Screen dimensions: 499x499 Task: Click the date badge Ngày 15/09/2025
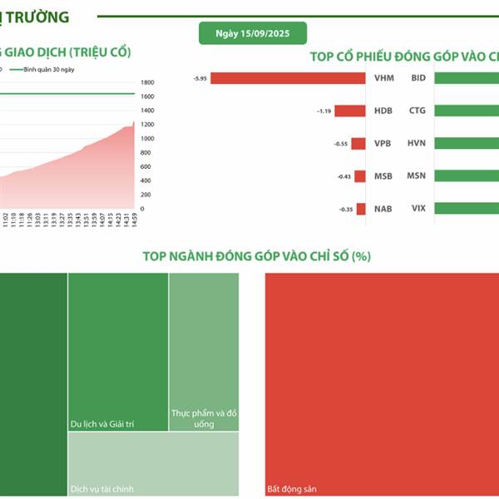tap(252, 33)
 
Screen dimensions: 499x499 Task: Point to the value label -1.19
tap(323, 111)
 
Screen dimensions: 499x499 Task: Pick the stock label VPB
tap(383, 143)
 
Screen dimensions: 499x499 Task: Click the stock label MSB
tap(383, 175)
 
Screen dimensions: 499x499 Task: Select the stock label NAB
tap(383, 208)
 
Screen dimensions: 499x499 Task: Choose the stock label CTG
tap(417, 111)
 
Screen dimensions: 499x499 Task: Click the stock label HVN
tap(417, 143)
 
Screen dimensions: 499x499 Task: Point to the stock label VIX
tap(417, 208)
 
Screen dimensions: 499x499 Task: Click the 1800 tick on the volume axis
tap(147, 82)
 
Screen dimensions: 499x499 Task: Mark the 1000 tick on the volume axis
tap(146, 139)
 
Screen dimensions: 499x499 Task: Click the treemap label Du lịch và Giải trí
tap(102, 424)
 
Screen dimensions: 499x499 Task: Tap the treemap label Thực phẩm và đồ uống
tap(204, 418)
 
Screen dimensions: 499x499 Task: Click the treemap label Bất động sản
tap(291, 489)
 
